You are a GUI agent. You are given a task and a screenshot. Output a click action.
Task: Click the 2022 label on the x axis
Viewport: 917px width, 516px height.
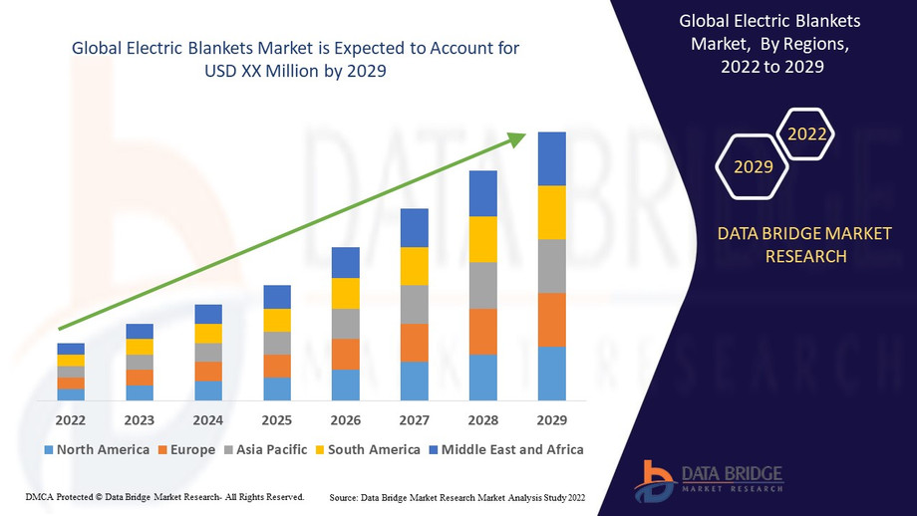tap(71, 419)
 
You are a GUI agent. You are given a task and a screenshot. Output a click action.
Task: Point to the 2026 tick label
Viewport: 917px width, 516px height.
tap(346, 419)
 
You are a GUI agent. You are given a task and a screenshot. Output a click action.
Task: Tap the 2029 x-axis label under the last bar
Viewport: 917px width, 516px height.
tap(552, 419)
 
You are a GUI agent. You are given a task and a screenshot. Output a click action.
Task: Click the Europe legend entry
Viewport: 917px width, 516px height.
tap(186, 449)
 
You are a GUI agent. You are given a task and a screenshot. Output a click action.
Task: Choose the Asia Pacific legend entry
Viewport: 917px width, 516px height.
tap(265, 449)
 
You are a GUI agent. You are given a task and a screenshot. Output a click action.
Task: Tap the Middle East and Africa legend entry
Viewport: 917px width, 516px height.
tap(505, 449)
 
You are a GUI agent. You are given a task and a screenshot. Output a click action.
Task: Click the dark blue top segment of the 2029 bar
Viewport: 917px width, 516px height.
tap(552, 158)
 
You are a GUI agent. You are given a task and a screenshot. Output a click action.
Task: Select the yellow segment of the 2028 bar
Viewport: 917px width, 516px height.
tap(483, 239)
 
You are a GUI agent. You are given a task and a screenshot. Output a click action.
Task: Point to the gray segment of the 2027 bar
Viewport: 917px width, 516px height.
tap(415, 304)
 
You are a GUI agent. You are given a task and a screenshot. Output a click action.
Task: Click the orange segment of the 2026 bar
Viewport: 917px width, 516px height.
tap(346, 354)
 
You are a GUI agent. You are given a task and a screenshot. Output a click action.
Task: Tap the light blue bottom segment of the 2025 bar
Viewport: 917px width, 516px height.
tap(277, 388)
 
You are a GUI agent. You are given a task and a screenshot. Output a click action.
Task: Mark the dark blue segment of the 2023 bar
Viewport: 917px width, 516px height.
tap(140, 331)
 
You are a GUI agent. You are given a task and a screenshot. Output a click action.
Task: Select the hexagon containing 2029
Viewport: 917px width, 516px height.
tap(754, 166)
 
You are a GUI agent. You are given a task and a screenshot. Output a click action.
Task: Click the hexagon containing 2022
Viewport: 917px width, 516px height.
tap(806, 133)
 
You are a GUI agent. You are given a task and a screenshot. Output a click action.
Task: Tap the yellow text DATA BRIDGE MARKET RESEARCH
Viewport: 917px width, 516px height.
tap(805, 245)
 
